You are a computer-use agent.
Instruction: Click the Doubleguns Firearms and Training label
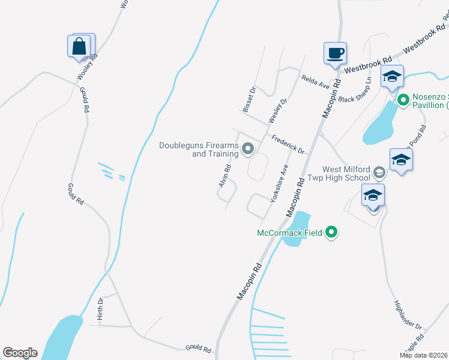point(199,149)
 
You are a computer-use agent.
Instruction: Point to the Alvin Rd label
point(225,176)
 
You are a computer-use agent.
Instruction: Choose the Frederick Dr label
point(288,144)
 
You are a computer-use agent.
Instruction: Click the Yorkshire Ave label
point(280,183)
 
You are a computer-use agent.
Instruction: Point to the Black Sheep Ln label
point(355,91)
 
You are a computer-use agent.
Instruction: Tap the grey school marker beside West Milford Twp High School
point(379,173)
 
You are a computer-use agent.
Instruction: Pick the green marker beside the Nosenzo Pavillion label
point(403,100)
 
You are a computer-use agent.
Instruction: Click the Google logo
point(20,353)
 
